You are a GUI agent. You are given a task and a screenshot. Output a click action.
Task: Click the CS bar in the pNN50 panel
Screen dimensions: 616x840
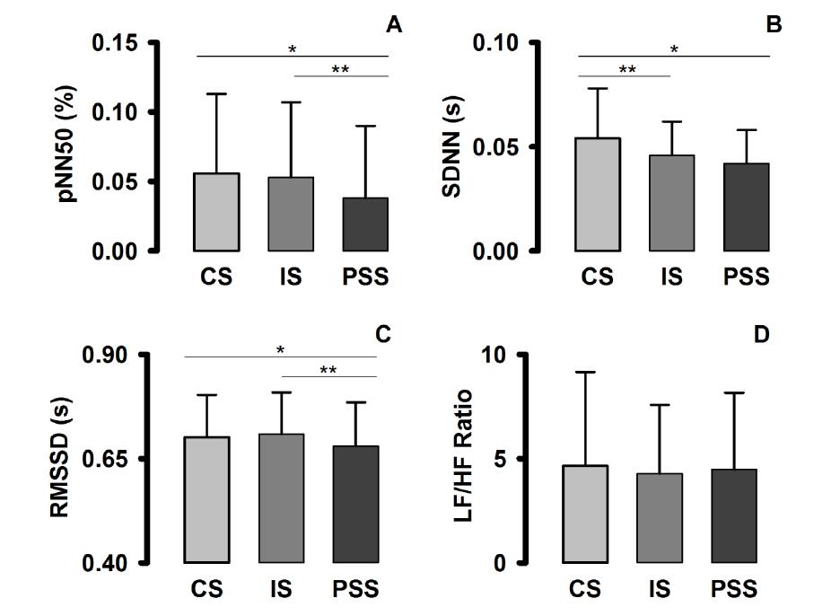pyautogui.click(x=217, y=212)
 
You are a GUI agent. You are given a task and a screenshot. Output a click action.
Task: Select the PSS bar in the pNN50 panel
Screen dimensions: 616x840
pyautogui.click(x=364, y=224)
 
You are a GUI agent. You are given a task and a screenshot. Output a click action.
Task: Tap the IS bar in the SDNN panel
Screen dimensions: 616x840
pyautogui.click(x=671, y=203)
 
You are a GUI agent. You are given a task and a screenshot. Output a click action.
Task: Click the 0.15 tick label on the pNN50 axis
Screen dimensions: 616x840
pyautogui.click(x=116, y=43)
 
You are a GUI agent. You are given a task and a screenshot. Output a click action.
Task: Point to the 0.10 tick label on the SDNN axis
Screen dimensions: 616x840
pyautogui.click(x=495, y=43)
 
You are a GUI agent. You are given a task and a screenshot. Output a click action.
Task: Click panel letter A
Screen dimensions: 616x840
pyautogui.click(x=393, y=24)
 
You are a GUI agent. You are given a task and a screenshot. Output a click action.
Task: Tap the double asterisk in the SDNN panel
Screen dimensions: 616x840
pyautogui.click(x=626, y=69)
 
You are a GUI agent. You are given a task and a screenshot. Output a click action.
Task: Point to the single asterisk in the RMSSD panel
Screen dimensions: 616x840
pyautogui.click(x=281, y=349)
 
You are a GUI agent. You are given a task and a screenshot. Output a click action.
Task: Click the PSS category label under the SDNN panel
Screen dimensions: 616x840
pyautogui.click(x=746, y=277)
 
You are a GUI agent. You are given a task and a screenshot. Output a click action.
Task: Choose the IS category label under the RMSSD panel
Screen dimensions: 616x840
pyautogui.click(x=281, y=589)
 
